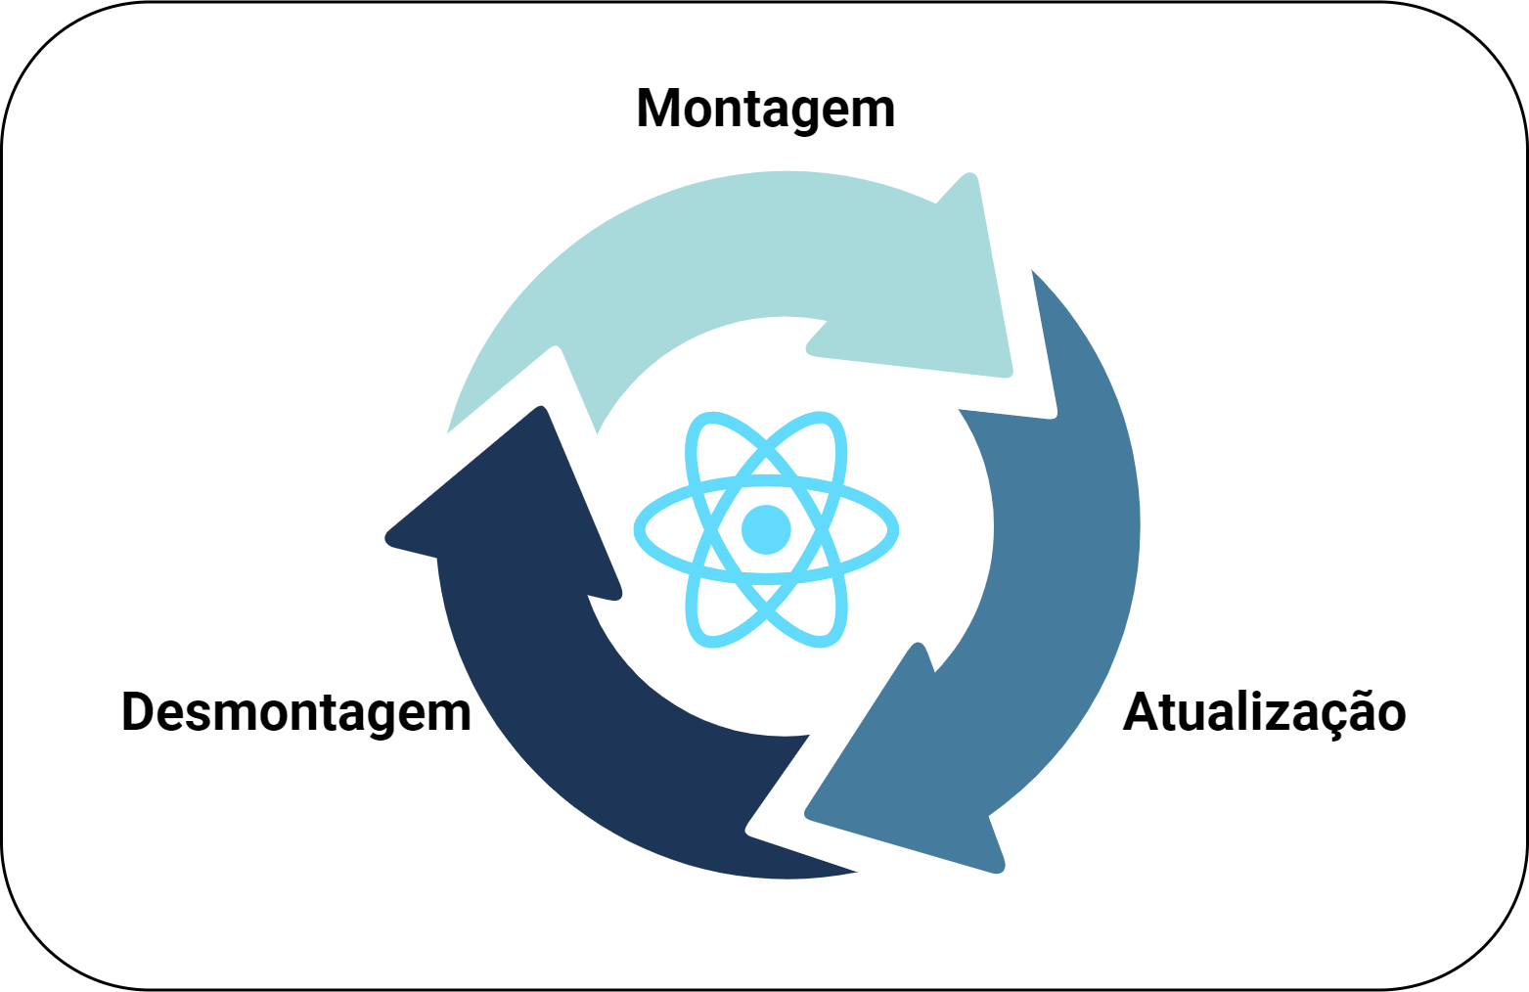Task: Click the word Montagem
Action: tap(765, 109)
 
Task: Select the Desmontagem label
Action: tap(295, 712)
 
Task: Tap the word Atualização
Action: tap(1264, 712)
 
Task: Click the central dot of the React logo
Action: tap(766, 529)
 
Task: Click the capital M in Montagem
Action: tap(658, 109)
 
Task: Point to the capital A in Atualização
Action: tap(1141, 712)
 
